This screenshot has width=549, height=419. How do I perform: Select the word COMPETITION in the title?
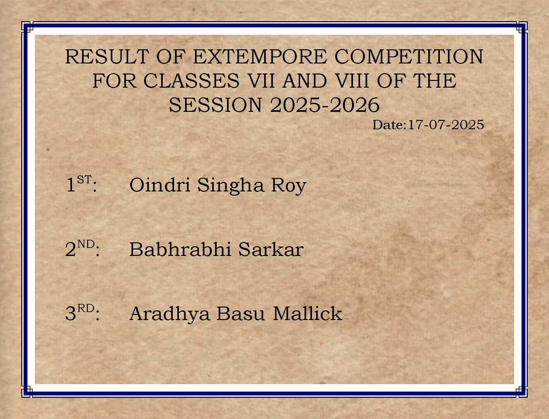click(409, 57)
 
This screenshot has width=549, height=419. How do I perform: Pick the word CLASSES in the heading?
click(192, 81)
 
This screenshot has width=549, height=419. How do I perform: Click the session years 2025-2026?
click(325, 105)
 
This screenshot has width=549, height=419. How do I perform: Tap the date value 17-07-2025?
click(446, 125)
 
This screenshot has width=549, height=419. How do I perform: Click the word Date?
click(388, 125)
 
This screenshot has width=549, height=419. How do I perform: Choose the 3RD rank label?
click(82, 313)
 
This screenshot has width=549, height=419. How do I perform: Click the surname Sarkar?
click(271, 249)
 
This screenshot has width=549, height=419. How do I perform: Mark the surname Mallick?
click(307, 313)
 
